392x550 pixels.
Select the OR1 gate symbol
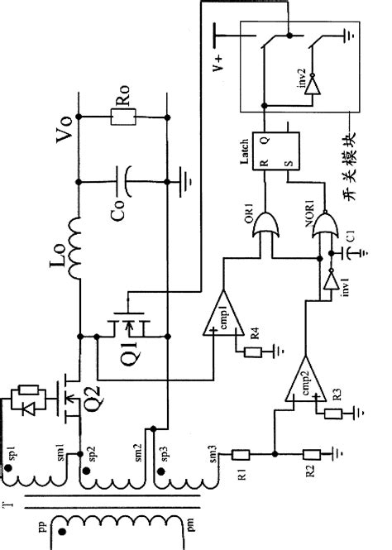coord(265,227)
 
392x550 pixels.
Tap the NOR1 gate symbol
coord(321,227)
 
